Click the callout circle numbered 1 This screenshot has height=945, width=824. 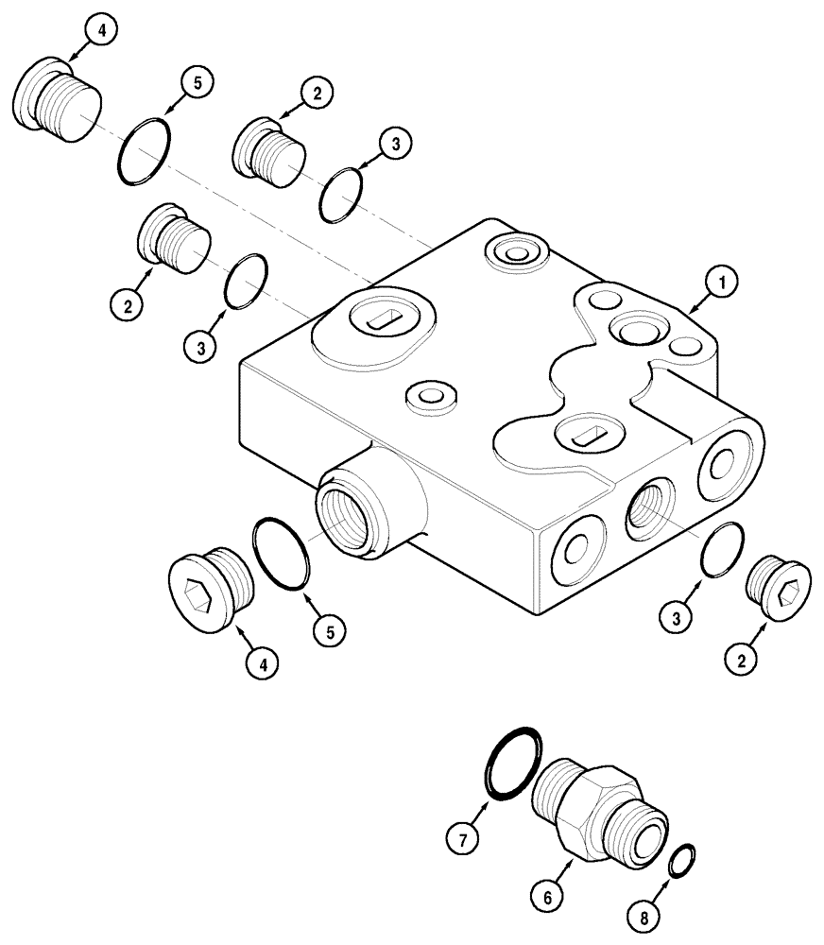point(721,281)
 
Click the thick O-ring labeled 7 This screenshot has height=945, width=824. point(512,761)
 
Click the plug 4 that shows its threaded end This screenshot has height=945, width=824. point(55,103)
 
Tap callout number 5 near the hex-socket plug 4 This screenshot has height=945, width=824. point(330,630)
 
